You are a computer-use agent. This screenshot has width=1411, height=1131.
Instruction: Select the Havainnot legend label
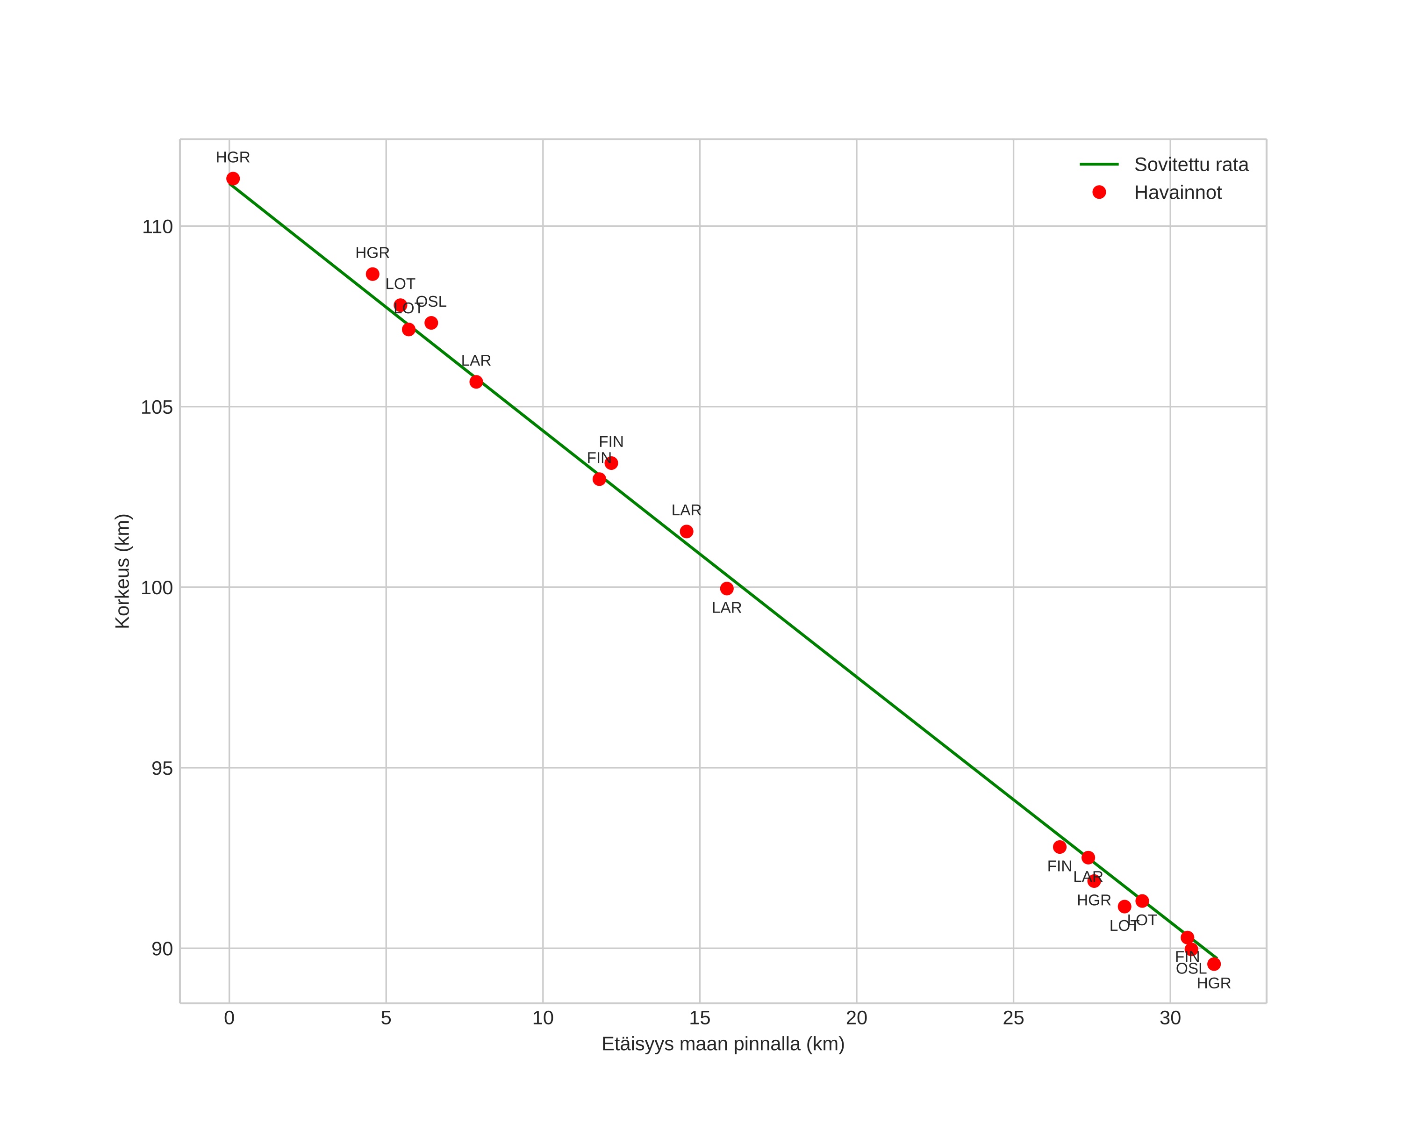1177,193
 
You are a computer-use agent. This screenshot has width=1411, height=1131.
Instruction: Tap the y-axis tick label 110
157,227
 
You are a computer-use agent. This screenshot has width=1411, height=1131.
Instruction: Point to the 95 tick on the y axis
162,768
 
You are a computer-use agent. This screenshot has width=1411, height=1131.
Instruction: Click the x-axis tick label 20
856,1018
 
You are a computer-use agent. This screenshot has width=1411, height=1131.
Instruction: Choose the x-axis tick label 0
229,1018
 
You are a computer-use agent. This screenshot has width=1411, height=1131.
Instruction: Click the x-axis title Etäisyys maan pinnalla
723,1044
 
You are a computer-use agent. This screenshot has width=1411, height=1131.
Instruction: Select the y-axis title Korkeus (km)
122,571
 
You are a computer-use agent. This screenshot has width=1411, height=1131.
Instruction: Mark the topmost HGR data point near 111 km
233,179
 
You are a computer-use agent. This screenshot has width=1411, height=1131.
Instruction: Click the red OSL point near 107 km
431,323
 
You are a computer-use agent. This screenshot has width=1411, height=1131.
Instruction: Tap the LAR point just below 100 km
726,588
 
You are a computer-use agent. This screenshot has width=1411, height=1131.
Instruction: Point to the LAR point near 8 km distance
476,382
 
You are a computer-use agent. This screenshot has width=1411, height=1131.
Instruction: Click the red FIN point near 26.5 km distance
1060,847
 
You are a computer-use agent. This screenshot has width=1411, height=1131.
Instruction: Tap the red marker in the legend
1099,193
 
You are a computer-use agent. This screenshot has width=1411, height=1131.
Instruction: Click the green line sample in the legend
1099,164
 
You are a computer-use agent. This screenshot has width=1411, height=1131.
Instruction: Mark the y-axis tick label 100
157,588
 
